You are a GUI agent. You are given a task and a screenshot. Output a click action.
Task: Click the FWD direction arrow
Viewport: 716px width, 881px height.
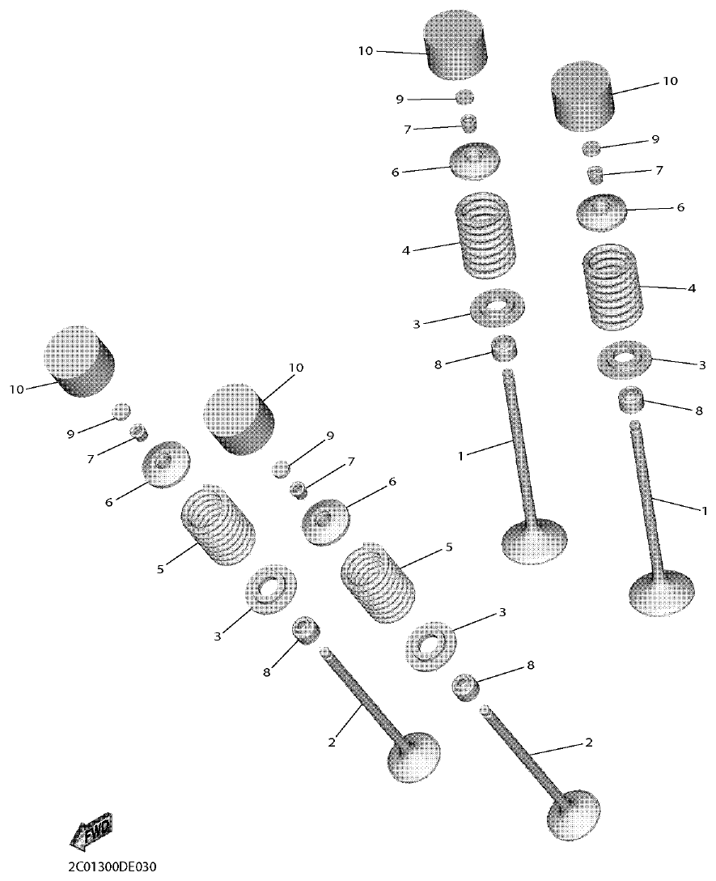click(x=91, y=832)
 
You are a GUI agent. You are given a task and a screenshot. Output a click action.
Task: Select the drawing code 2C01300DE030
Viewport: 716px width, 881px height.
click(x=112, y=866)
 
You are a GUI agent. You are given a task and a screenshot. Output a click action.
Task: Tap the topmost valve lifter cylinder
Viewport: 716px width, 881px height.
click(x=459, y=45)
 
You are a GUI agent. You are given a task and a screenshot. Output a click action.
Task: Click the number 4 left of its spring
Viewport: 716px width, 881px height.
click(x=406, y=250)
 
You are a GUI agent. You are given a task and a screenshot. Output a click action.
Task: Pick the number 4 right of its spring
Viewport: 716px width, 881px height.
click(x=691, y=287)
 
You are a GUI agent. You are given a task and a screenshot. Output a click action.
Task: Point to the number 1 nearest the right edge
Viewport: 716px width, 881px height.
click(x=704, y=510)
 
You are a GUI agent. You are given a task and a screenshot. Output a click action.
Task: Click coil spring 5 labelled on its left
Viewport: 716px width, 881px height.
click(x=217, y=528)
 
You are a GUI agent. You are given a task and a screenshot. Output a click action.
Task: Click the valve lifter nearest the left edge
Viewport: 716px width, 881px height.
click(x=79, y=361)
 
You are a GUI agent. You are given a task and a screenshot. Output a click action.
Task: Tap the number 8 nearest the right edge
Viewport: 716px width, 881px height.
click(x=699, y=411)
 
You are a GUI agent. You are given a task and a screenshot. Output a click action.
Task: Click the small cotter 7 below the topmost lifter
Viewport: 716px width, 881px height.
click(x=468, y=124)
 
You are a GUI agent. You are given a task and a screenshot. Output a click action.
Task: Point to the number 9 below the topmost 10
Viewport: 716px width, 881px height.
click(x=399, y=99)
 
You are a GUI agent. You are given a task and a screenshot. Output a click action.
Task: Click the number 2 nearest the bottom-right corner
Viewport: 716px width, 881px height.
click(x=588, y=743)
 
